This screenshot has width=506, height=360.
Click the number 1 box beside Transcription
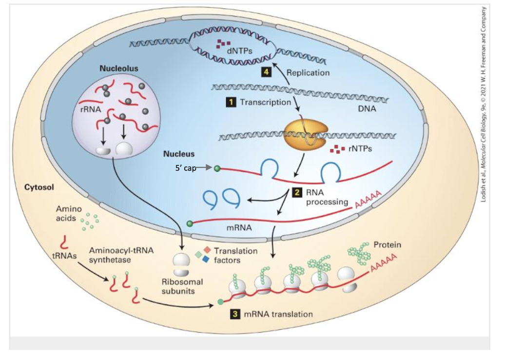[x=231, y=102]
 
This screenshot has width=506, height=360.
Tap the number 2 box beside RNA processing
[x=297, y=193]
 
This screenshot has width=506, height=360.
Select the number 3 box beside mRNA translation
[x=235, y=314]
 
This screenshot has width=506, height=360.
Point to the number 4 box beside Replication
[x=266, y=72]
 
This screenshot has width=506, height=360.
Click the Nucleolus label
[x=119, y=68]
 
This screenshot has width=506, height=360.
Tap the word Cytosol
[x=39, y=187]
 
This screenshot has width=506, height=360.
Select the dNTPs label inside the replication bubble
[x=239, y=51]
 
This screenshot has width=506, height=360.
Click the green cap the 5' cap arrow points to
[x=217, y=168]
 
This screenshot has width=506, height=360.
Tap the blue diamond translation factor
[x=206, y=259]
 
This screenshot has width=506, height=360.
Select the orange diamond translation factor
[x=207, y=250]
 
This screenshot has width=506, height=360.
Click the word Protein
[x=387, y=245]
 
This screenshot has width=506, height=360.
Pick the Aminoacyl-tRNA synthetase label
[x=121, y=255]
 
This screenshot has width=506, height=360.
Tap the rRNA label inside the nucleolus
[x=91, y=109]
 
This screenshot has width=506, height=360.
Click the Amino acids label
[x=69, y=214]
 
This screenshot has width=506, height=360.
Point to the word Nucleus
[x=179, y=154]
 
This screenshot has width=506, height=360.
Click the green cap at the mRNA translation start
[x=220, y=302]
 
